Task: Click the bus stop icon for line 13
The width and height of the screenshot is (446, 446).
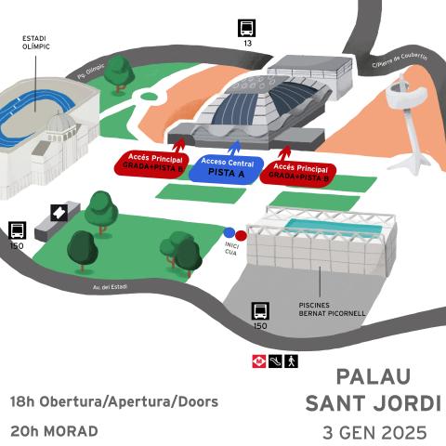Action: tap(247, 27)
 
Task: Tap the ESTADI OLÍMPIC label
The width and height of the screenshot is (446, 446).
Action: tap(35, 43)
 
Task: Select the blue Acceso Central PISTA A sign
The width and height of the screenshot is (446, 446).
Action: tap(227, 167)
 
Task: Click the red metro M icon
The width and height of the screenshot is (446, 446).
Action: tap(259, 361)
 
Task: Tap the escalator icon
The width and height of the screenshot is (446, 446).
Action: tap(275, 361)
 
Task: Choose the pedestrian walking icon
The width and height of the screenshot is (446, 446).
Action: tap(291, 361)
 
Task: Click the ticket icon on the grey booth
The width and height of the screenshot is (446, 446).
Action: tap(59, 212)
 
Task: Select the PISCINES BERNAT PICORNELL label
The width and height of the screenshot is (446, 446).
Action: tap(332, 309)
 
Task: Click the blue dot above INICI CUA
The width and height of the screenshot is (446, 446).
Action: tap(229, 233)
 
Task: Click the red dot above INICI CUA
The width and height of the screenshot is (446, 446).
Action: tap(240, 234)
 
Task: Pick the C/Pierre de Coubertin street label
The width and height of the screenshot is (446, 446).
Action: tap(400, 60)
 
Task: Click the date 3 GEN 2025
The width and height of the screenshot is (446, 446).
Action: tap(374, 433)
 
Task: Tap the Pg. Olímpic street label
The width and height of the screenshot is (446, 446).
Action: tap(90, 73)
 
